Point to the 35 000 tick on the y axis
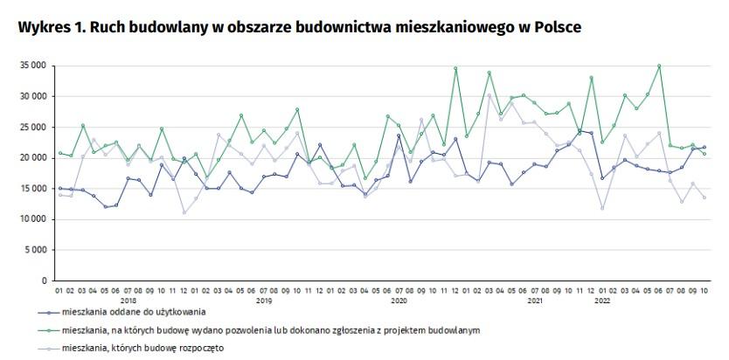click(34, 66)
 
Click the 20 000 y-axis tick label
click(34, 158)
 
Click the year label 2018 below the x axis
click(128, 300)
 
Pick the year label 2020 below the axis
click(399, 300)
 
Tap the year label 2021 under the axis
click(534, 300)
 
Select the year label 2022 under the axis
click(601, 300)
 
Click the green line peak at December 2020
click(455, 68)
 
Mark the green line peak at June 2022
click(658, 66)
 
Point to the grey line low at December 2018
click(184, 212)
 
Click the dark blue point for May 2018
click(105, 207)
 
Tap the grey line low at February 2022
click(601, 208)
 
